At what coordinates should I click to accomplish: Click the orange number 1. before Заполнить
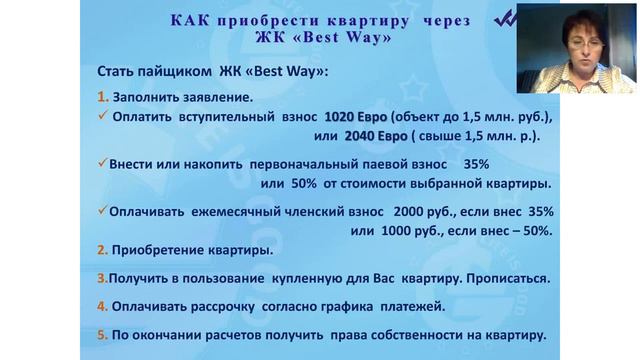103,98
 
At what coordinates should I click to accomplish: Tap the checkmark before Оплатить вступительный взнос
103,116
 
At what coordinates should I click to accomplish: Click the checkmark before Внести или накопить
103,165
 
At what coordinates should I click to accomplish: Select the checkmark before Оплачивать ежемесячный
103,213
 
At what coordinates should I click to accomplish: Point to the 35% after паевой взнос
479,165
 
